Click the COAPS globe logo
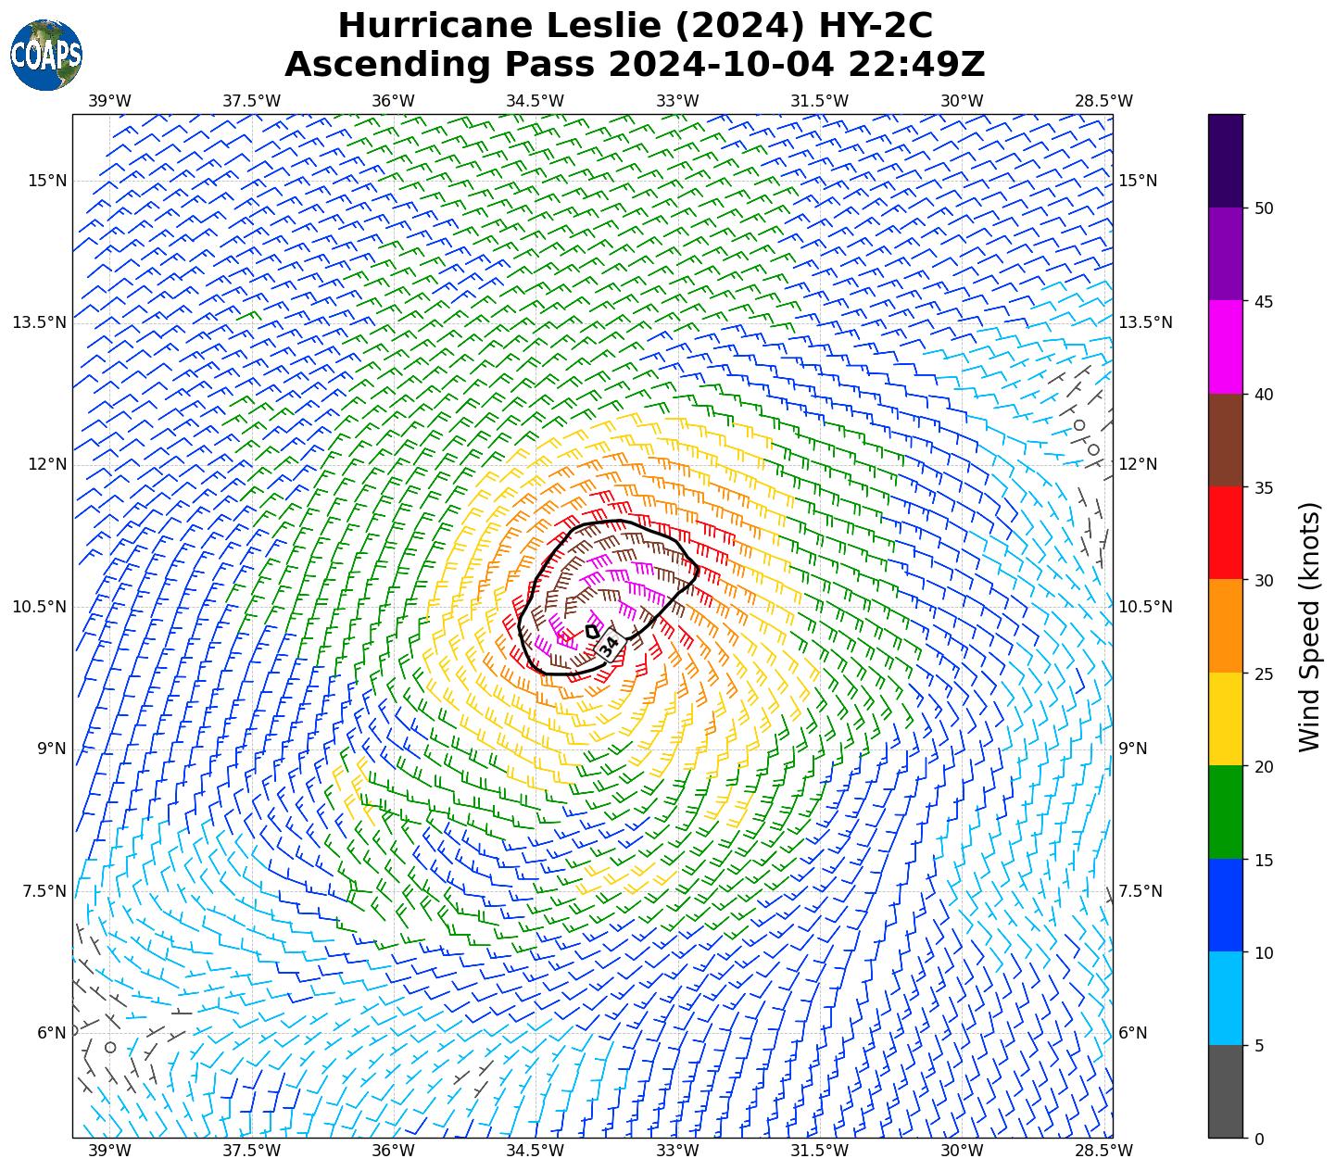46,55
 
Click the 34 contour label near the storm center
609,646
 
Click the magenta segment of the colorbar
1226,346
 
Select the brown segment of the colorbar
1226,440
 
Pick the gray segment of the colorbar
1226,1091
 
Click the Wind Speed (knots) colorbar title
1309,626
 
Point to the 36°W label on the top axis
393,100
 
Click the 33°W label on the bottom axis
677,1151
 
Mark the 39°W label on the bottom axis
109,1151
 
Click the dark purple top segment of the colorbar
1226,160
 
